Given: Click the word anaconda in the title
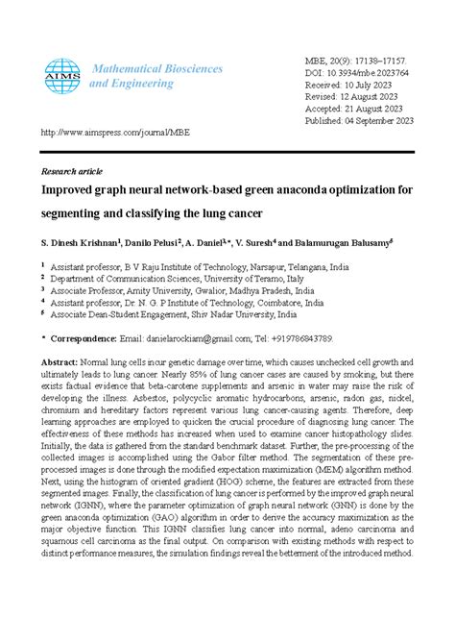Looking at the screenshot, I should (322, 189).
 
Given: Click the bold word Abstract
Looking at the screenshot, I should (60, 361).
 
